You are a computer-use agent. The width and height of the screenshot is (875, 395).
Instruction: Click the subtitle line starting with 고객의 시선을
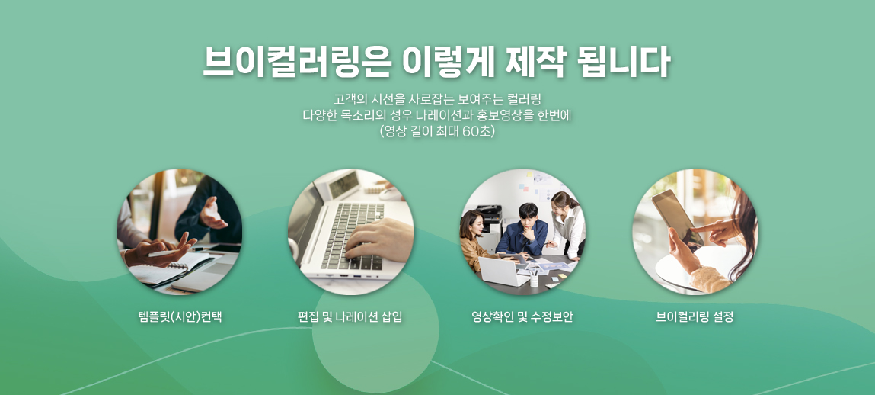pyautogui.click(x=437, y=101)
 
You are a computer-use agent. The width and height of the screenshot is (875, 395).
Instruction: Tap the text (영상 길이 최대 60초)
pyautogui.click(x=437, y=133)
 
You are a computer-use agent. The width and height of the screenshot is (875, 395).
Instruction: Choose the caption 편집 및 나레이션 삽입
pyautogui.click(x=350, y=317)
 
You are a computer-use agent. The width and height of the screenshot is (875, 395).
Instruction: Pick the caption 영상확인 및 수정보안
pyautogui.click(x=522, y=317)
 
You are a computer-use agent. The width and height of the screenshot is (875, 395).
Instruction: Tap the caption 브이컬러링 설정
pyautogui.click(x=695, y=317)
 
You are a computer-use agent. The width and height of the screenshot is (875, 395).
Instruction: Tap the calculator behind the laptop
pyautogui.click(x=343, y=184)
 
